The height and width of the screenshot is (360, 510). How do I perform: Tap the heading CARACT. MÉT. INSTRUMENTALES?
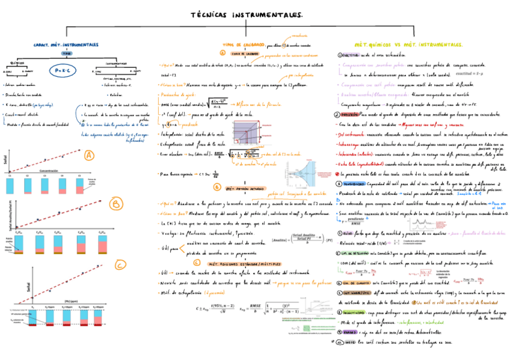(66, 44)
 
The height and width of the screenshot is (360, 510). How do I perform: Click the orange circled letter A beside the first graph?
(90, 156)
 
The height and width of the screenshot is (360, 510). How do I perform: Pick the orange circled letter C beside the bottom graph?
(120, 264)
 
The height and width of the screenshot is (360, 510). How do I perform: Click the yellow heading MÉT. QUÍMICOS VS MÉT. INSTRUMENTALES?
(409, 45)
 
